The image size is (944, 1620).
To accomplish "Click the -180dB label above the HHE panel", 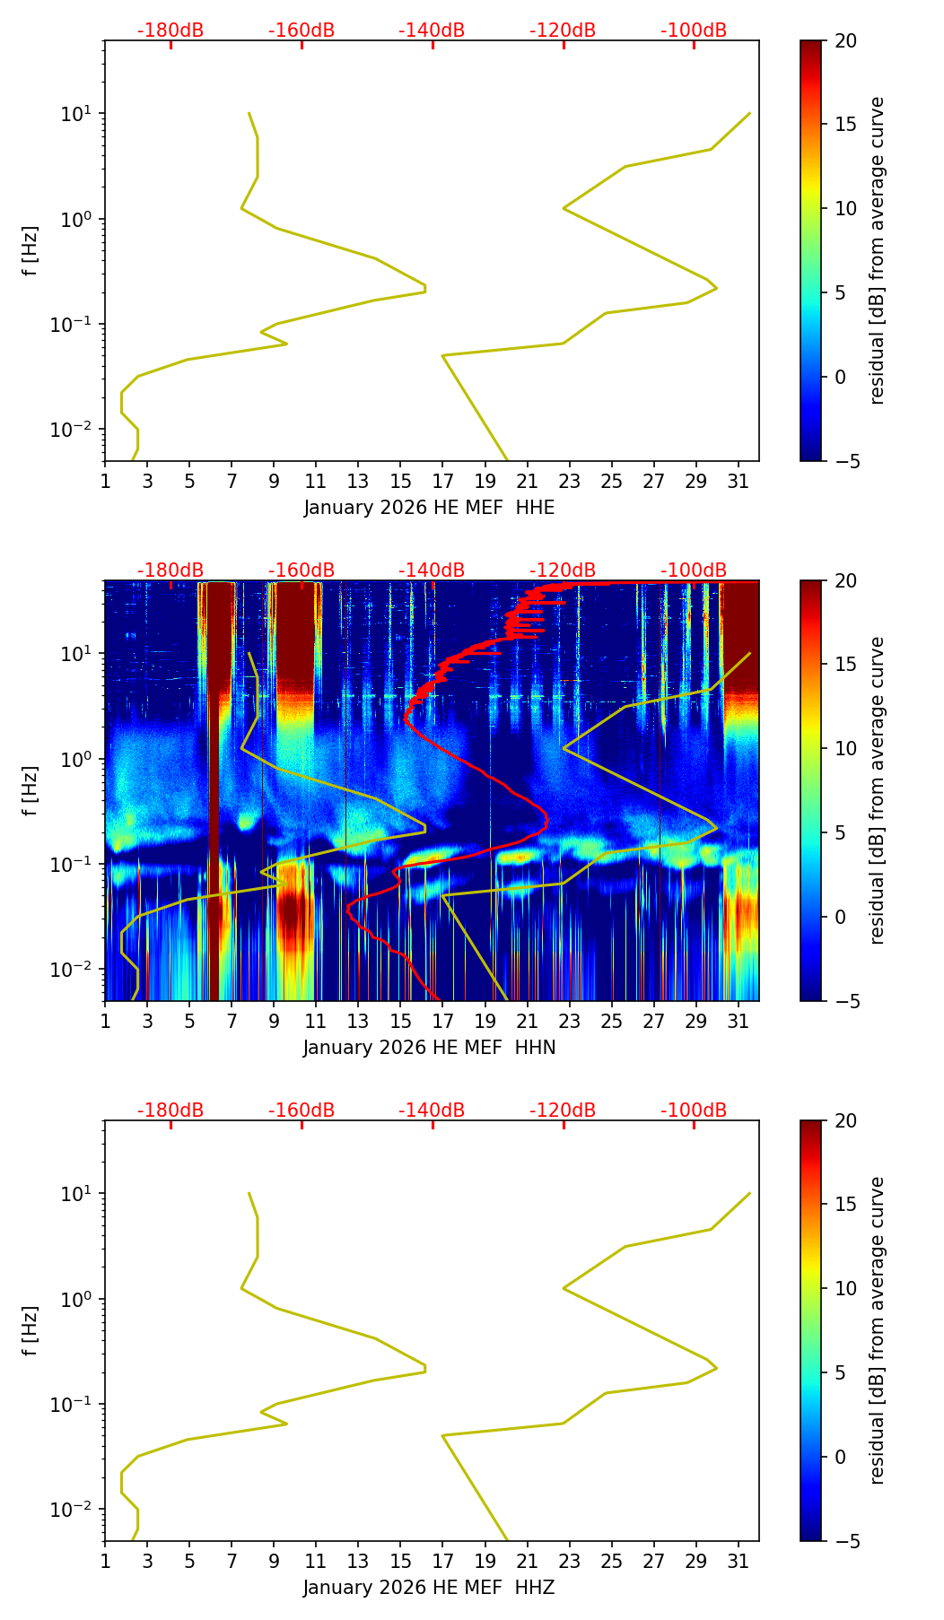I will tap(170, 30).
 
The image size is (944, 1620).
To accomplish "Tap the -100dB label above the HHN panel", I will tap(694, 570).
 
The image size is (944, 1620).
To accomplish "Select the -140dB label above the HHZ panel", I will tap(432, 1110).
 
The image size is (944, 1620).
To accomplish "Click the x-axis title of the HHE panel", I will tap(429, 508).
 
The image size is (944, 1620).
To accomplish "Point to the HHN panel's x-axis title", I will tap(429, 1048).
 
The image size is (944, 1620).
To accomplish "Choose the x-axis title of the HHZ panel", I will tap(429, 1588).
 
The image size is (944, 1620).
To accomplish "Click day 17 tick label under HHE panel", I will tap(443, 482).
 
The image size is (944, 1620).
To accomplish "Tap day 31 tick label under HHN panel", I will tap(739, 1022).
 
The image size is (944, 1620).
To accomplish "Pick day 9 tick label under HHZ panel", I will tap(274, 1562).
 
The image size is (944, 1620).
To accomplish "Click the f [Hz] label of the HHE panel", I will tap(31, 251).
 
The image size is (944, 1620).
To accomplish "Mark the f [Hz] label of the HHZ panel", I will tap(31, 1331).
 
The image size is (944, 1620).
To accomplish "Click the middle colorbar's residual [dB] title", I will tap(877, 790).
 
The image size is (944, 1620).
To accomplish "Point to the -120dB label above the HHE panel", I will tap(563, 30).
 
